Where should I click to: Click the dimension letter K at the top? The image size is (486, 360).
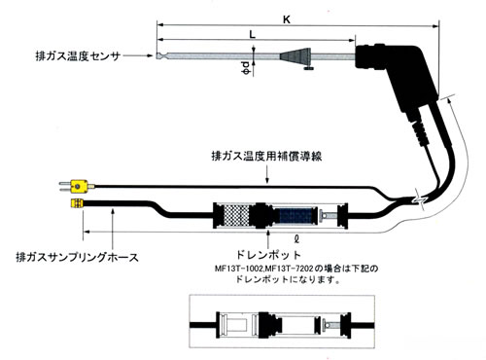pyautogui.click(x=287, y=19)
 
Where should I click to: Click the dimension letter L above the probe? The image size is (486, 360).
pyautogui.click(x=253, y=34)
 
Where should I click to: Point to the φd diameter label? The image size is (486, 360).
pyautogui.click(x=246, y=68)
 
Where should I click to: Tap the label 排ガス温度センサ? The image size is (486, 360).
pyautogui.click(x=78, y=56)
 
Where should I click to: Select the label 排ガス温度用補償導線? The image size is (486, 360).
pyautogui.click(x=266, y=156)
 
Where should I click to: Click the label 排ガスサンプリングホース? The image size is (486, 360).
pyautogui.click(x=77, y=257)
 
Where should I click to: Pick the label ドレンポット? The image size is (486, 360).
pyautogui.click(x=268, y=255)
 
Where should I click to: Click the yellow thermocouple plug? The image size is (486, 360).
pyautogui.click(x=77, y=186)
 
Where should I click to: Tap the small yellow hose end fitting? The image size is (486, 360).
pyautogui.click(x=77, y=203)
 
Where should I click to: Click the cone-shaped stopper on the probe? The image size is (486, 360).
pyautogui.click(x=295, y=56)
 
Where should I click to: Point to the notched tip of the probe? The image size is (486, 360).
pyautogui.click(x=162, y=55)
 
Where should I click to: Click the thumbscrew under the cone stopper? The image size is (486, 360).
pyautogui.click(x=308, y=68)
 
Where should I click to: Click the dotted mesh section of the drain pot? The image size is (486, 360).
pyautogui.click(x=237, y=216)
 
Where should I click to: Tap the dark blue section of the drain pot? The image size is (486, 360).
pyautogui.click(x=295, y=216)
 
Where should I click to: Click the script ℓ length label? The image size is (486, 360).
pyautogui.click(x=296, y=239)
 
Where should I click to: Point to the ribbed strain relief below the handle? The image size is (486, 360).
pyautogui.click(x=421, y=133)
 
